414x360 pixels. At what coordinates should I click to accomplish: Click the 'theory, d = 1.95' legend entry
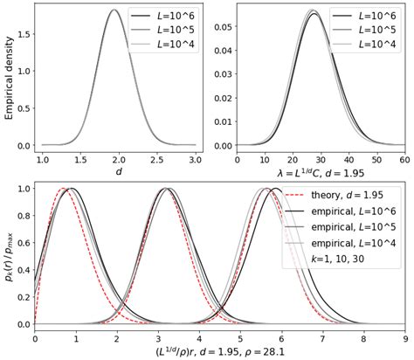[x=341, y=194]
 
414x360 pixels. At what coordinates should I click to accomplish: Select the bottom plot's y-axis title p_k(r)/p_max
[x=10, y=256]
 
